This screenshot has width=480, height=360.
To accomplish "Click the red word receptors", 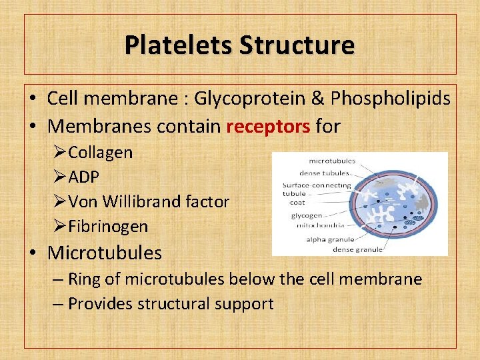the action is click(x=268, y=125).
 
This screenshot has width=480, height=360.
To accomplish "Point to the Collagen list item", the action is click(x=100, y=152).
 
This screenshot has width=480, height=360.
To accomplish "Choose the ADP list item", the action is click(x=83, y=177).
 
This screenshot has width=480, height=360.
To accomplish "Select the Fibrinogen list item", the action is click(x=107, y=226).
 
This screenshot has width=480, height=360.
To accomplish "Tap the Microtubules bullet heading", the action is click(x=105, y=253).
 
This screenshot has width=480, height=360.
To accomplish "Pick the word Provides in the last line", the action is click(x=101, y=303).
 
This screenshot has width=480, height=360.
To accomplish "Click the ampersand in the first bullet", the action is click(x=319, y=99).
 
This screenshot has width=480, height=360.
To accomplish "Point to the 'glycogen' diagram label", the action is click(x=307, y=215).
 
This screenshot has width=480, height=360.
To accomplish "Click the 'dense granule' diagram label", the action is click(x=358, y=249).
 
